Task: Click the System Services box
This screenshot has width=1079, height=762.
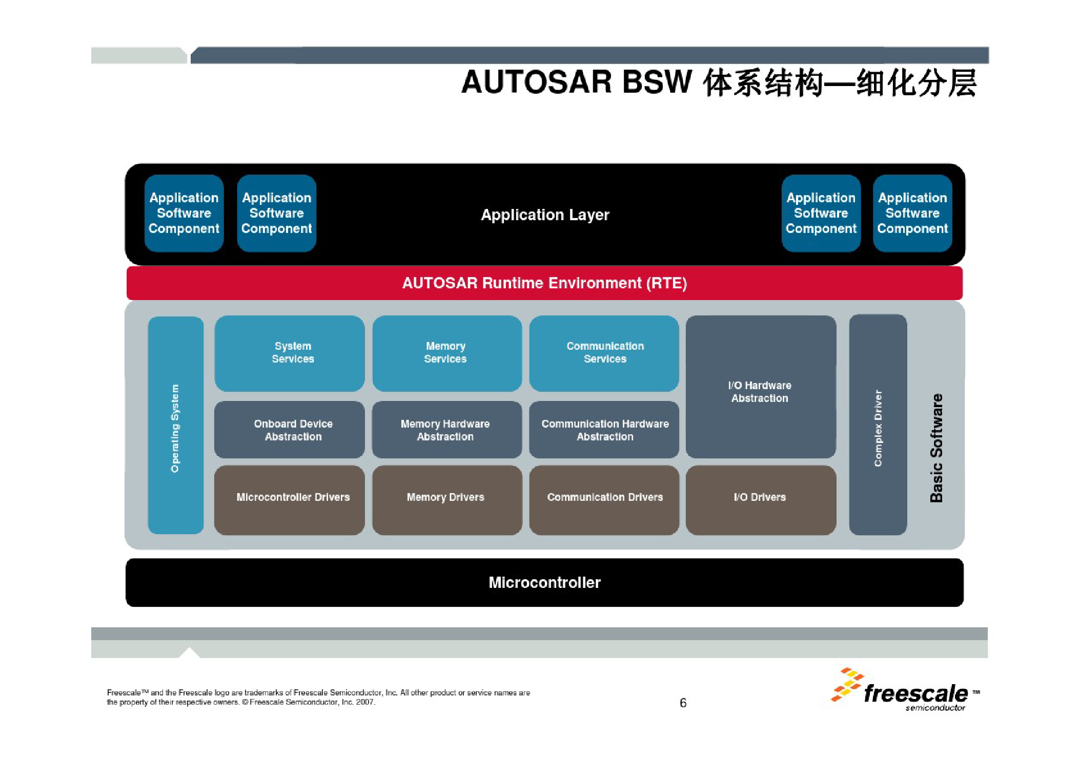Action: tap(290, 353)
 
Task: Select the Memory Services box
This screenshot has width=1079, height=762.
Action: tap(447, 353)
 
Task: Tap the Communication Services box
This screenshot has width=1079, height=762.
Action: tap(604, 353)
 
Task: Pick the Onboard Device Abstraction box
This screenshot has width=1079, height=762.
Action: tap(290, 430)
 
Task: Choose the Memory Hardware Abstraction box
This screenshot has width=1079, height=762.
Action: tap(447, 430)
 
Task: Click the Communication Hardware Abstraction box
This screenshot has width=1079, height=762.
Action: tap(604, 430)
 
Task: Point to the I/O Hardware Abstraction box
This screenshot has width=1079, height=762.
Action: tap(761, 387)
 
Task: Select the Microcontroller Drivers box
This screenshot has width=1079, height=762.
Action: tap(290, 500)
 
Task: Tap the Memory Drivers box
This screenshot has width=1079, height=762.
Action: tap(447, 500)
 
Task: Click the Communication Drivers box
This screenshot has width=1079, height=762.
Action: tap(604, 500)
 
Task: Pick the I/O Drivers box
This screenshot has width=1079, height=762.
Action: tap(761, 500)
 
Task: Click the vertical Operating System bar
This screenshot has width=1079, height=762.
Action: tap(176, 425)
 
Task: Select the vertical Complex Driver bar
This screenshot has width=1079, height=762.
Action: tap(878, 425)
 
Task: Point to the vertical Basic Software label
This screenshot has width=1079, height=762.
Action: tap(937, 448)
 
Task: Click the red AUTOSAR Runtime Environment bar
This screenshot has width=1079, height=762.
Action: tap(544, 283)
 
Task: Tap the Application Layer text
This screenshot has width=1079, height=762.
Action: tap(545, 215)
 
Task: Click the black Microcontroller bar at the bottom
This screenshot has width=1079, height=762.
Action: tap(544, 583)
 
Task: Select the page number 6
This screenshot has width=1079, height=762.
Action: tap(683, 703)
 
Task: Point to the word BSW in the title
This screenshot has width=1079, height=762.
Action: tap(657, 82)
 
